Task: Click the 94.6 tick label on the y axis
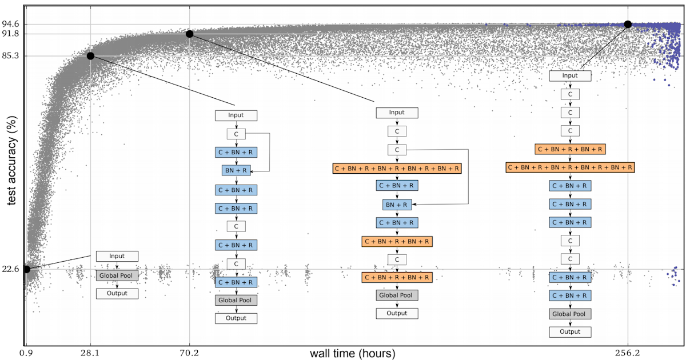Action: coord(11,24)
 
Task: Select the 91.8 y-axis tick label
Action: coord(11,34)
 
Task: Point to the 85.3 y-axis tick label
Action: coord(11,56)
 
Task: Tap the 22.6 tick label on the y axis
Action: coord(11,269)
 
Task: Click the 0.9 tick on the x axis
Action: coord(26,354)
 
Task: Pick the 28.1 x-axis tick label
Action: coord(90,354)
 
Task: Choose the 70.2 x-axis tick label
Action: coord(189,354)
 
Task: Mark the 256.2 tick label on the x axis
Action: coord(628,354)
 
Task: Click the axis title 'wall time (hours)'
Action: coord(352,354)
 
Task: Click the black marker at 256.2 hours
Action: coord(628,24)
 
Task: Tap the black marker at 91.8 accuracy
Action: coord(189,34)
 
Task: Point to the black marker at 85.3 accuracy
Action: coord(90,55)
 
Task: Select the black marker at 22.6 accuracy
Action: coord(26,269)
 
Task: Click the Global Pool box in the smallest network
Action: coord(117,275)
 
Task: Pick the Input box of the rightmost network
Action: coord(570,75)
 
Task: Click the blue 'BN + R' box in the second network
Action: coord(236,170)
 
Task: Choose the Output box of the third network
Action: coord(397,313)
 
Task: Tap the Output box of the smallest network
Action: coord(117,294)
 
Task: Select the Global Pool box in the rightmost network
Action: coord(570,314)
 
